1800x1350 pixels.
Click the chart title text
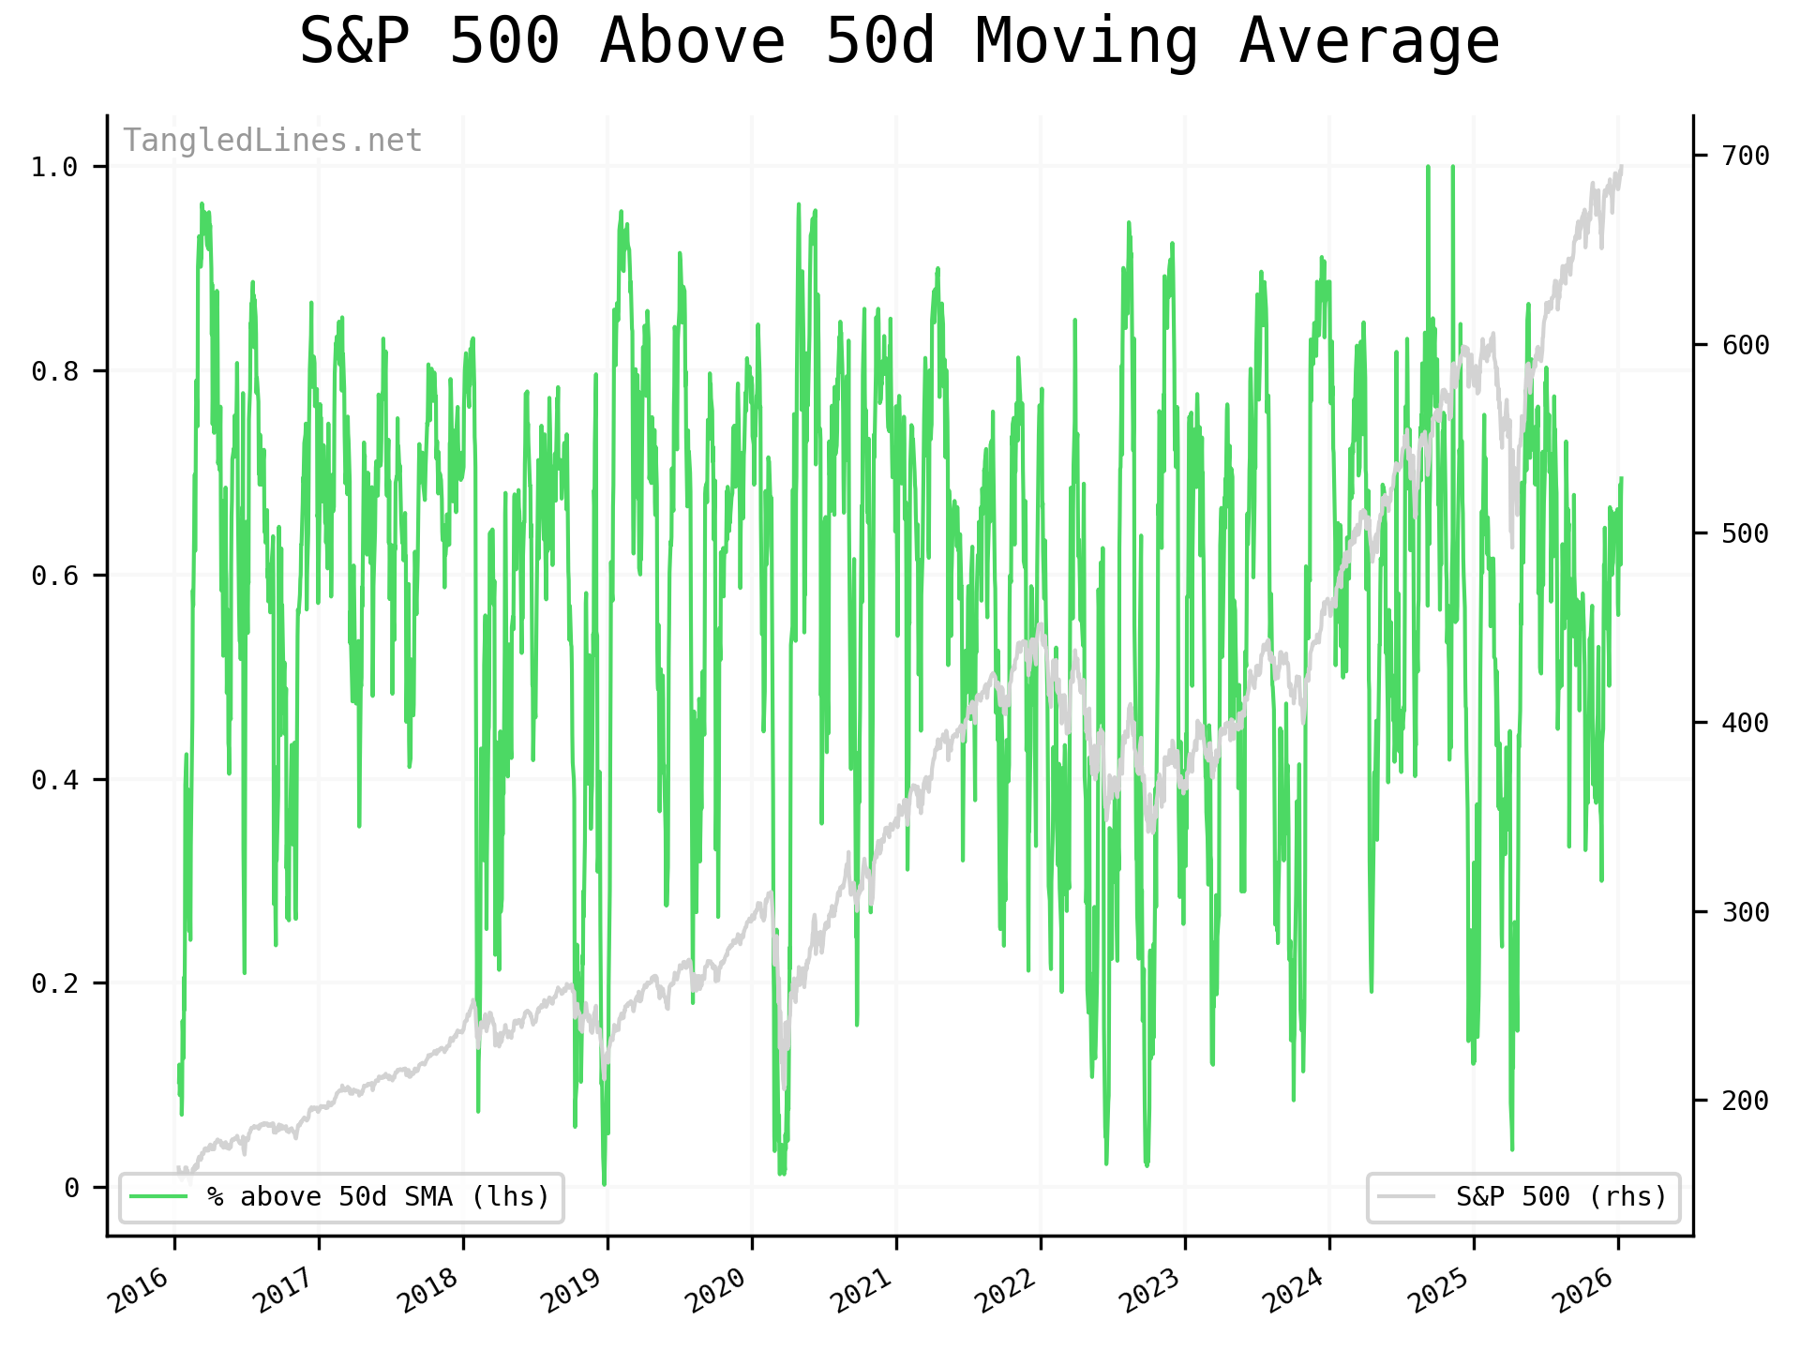point(899,41)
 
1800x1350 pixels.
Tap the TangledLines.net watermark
point(272,141)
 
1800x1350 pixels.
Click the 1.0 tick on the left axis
point(54,167)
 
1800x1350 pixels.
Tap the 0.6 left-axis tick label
point(54,575)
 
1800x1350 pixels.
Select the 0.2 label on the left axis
point(54,983)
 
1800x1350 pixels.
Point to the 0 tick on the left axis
point(71,1188)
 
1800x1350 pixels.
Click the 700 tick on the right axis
point(1746,156)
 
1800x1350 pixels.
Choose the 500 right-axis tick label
point(1746,533)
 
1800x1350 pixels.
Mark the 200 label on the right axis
point(1746,1101)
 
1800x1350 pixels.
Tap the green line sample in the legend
point(158,1197)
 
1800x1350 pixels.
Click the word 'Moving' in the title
point(1087,41)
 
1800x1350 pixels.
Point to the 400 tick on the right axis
point(1746,723)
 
